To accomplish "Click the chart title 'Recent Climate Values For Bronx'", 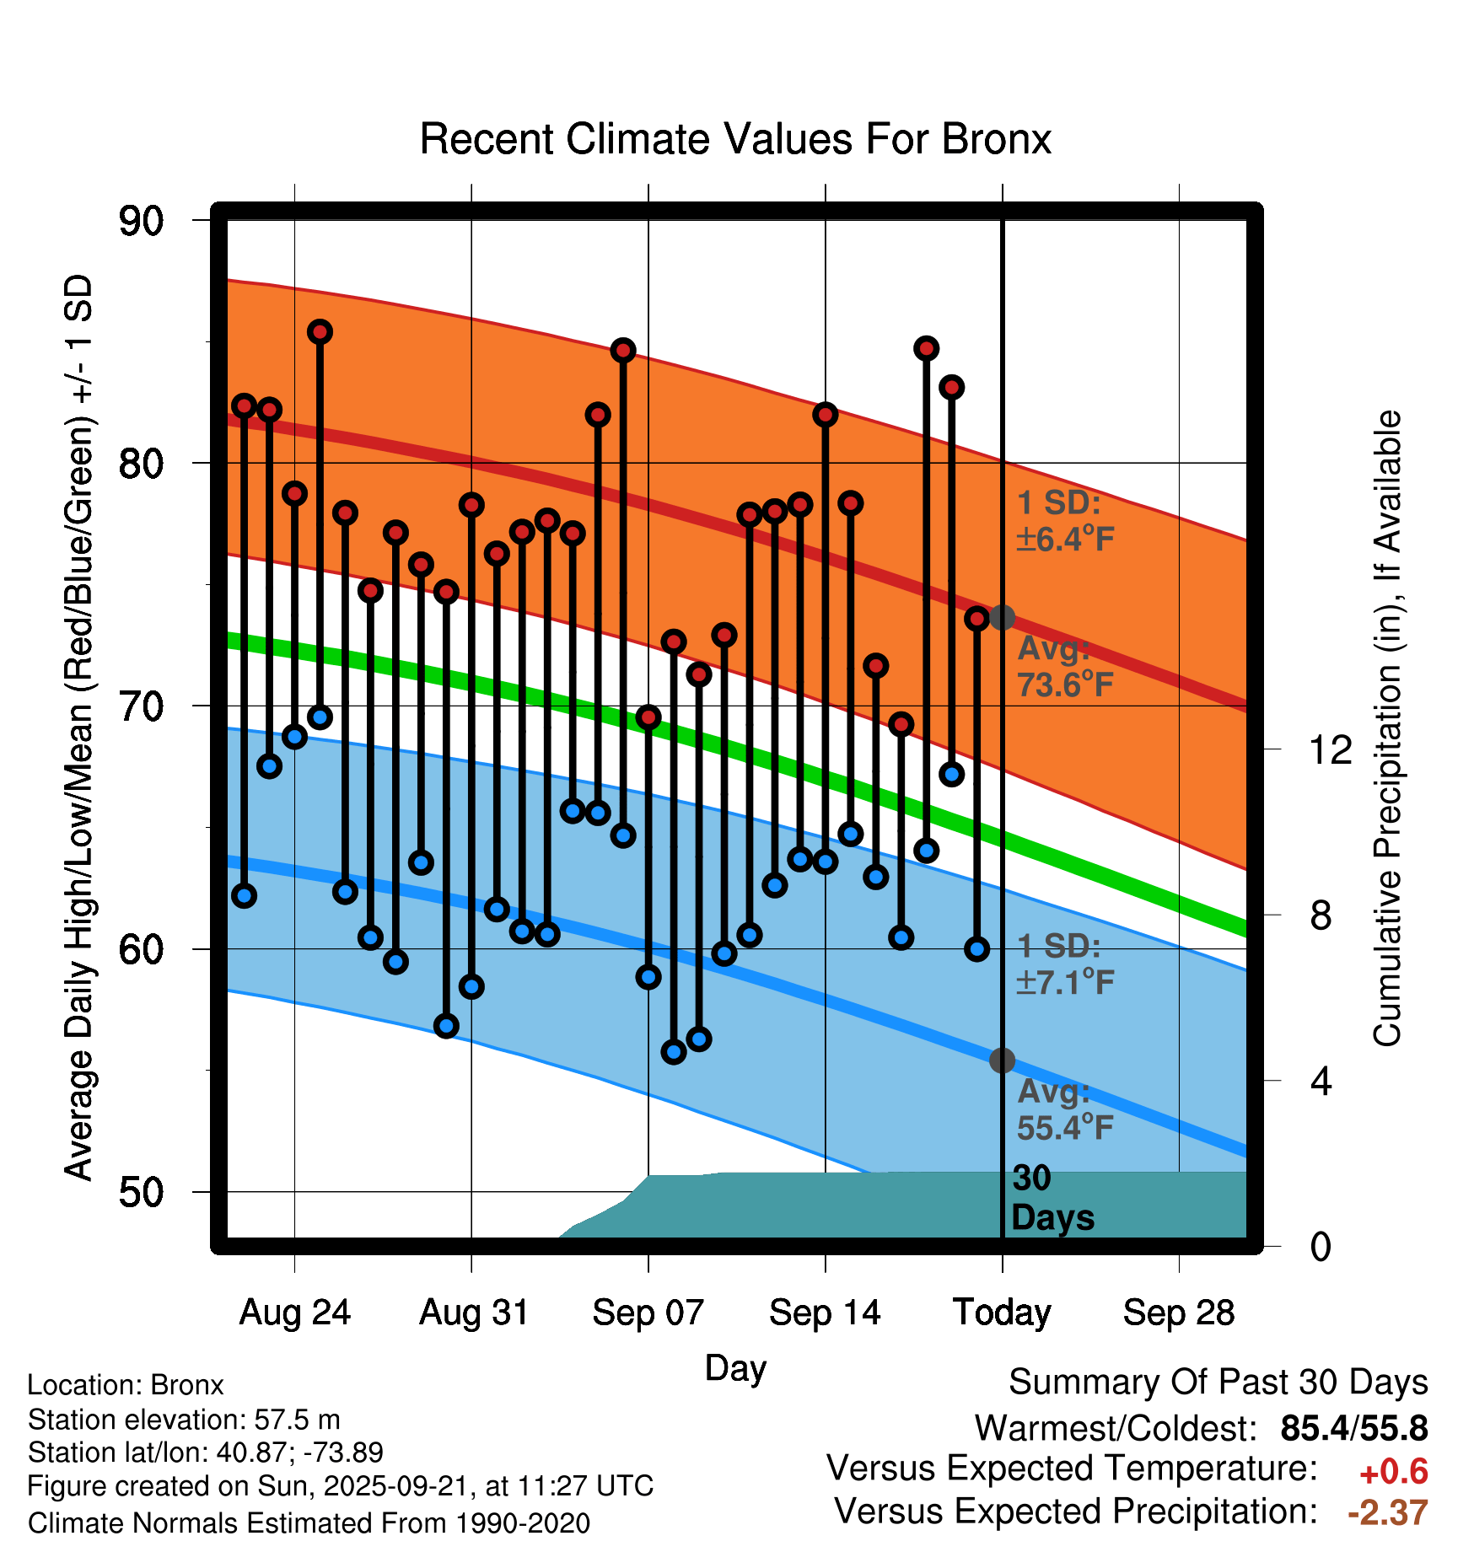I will (735, 139).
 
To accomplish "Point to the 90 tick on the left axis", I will (141, 222).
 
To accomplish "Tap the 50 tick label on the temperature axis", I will (141, 1192).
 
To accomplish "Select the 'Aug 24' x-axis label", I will (294, 1313).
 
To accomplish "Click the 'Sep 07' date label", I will (648, 1313).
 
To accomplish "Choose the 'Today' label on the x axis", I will (1002, 1313).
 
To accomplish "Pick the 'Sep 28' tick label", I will (1178, 1313).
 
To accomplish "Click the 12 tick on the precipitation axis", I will (1330, 749).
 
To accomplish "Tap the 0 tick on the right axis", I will (1321, 1246).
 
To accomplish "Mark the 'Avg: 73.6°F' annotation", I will (1064, 667).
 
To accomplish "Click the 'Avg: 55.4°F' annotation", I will (1064, 1109).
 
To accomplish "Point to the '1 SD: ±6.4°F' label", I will (1064, 521).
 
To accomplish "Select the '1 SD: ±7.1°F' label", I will (1064, 964).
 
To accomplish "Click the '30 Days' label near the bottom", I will (1052, 1198).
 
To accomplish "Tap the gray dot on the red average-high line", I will (1002, 617).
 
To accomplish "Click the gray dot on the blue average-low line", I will (1002, 1060).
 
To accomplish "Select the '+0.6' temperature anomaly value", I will (1393, 1472).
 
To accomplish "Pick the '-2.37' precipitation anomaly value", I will (1387, 1512).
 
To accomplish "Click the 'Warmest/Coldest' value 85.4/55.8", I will (1353, 1428).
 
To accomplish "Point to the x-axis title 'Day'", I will (735, 1367).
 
